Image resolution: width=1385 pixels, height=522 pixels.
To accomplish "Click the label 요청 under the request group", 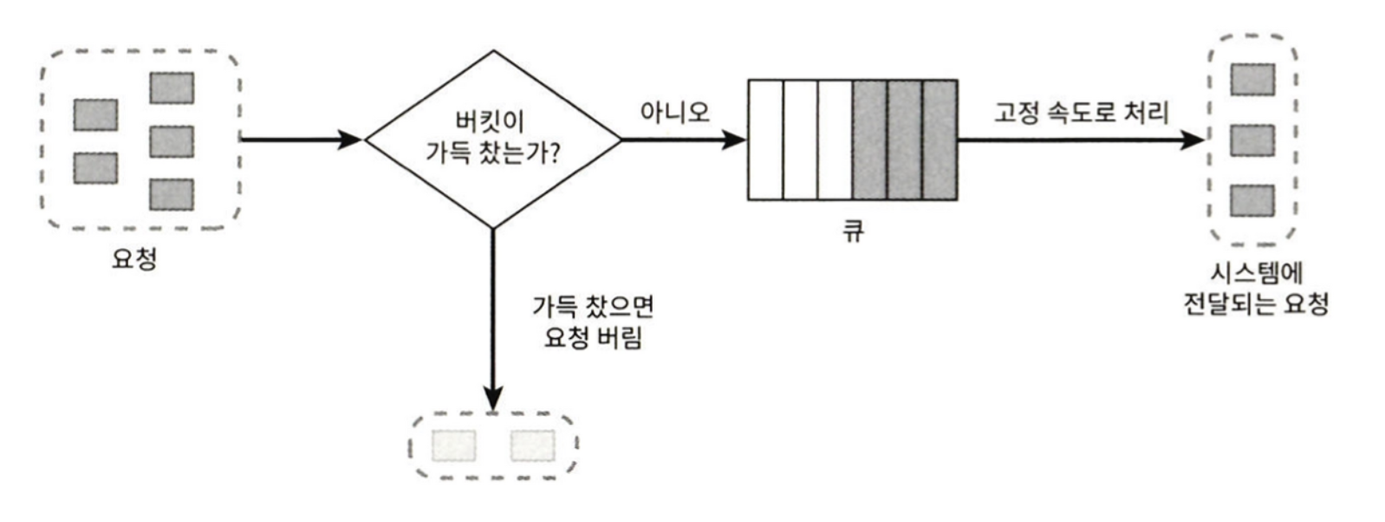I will click(134, 258).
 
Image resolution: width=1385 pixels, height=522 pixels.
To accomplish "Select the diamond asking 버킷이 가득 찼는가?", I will click(492, 139).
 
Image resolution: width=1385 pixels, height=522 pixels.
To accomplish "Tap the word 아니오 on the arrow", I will click(674, 112).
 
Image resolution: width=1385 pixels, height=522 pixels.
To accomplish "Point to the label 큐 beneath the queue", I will click(854, 231).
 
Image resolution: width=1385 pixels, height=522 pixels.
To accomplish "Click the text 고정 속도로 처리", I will click(1081, 112).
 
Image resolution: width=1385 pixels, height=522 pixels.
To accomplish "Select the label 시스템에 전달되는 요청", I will click(1256, 290).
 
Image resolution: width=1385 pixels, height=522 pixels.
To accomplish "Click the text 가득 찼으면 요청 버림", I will click(593, 322).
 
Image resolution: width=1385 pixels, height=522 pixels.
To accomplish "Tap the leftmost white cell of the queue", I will click(765, 140).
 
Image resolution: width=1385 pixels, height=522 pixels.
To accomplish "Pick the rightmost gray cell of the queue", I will click(940, 140).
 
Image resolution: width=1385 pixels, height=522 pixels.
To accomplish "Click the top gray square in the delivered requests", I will click(1252, 80).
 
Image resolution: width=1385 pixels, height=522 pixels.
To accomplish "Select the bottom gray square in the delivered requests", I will click(1252, 200).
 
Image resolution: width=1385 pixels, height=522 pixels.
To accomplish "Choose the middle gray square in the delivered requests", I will click(1252, 140).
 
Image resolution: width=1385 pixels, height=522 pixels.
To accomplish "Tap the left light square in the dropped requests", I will click(454, 446).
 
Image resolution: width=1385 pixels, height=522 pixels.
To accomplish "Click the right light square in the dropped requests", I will click(532, 446).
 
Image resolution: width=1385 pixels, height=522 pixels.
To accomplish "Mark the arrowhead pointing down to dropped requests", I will click(492, 398).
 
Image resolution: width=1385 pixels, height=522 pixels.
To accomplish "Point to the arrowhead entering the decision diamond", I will click(350, 139).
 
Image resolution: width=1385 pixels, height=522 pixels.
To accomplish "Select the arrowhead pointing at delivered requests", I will click(1195, 139).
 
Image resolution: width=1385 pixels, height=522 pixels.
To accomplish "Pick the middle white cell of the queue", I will click(800, 140).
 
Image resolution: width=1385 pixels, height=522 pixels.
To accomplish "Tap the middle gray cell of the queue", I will click(904, 140).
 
